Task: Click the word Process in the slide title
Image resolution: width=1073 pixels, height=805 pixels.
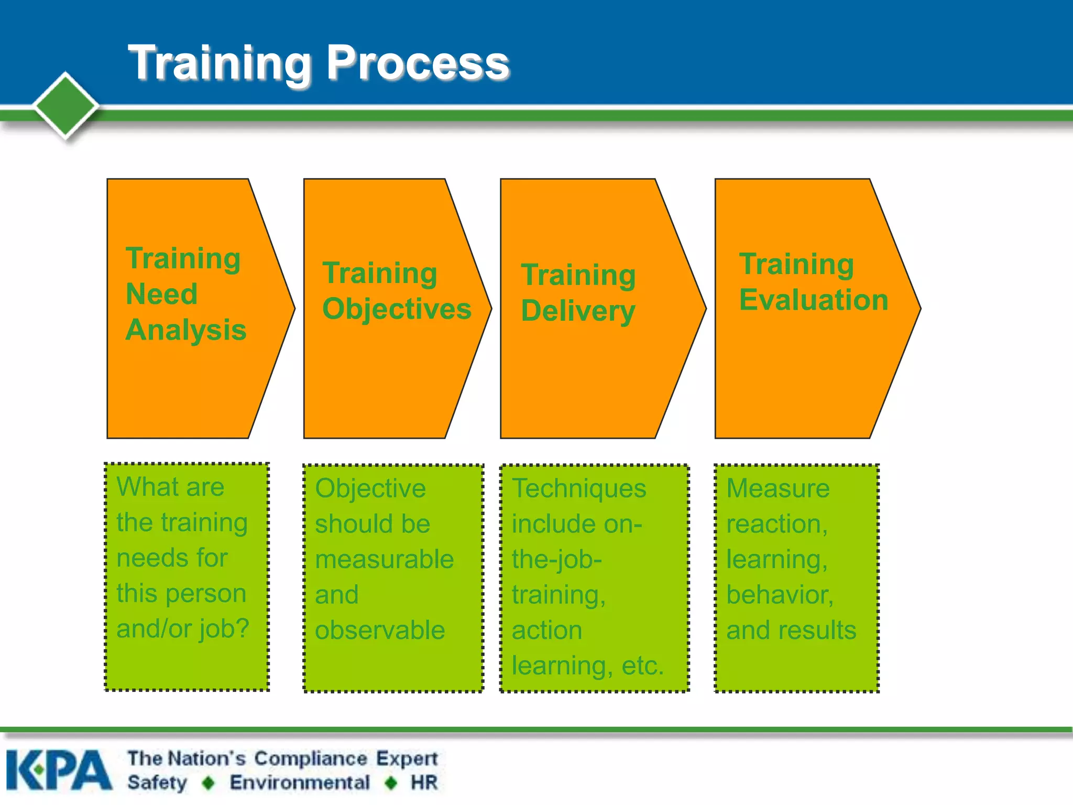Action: (x=418, y=63)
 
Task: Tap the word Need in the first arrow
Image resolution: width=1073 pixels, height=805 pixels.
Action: (x=162, y=294)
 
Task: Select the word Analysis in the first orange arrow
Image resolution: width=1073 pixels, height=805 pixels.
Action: (x=186, y=330)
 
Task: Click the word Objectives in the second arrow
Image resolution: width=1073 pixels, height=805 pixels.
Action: (x=397, y=309)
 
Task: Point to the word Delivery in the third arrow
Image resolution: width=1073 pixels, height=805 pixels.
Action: (x=578, y=311)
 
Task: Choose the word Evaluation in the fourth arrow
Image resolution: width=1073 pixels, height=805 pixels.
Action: (x=813, y=300)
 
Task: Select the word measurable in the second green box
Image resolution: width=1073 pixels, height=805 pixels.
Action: (x=384, y=559)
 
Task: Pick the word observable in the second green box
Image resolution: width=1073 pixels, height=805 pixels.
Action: (x=380, y=630)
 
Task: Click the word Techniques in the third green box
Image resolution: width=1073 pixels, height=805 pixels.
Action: (x=579, y=488)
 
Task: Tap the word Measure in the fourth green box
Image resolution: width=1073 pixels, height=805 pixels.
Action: (x=778, y=488)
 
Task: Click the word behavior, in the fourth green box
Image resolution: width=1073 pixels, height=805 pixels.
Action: (x=780, y=595)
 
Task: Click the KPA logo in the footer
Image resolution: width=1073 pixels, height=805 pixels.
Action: (x=59, y=770)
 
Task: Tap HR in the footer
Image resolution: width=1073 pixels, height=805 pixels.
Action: (x=424, y=782)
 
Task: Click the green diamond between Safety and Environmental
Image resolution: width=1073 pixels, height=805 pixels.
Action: (x=209, y=783)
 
